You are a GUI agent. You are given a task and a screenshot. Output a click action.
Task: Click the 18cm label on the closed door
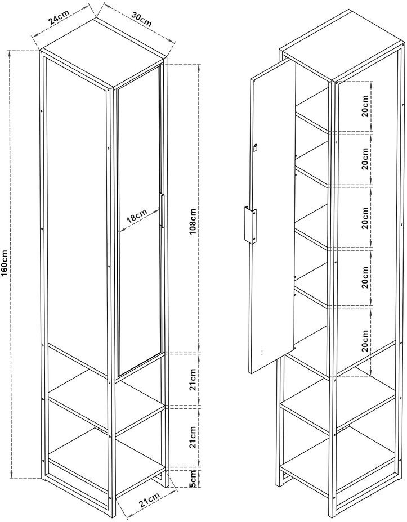[136, 216]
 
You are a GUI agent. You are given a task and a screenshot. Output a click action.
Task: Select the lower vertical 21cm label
[193, 437]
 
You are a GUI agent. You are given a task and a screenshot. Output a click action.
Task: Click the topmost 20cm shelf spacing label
[365, 106]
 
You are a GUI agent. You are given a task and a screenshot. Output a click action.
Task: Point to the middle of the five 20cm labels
[365, 217]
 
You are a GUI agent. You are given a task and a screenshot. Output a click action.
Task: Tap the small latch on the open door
[256, 147]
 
